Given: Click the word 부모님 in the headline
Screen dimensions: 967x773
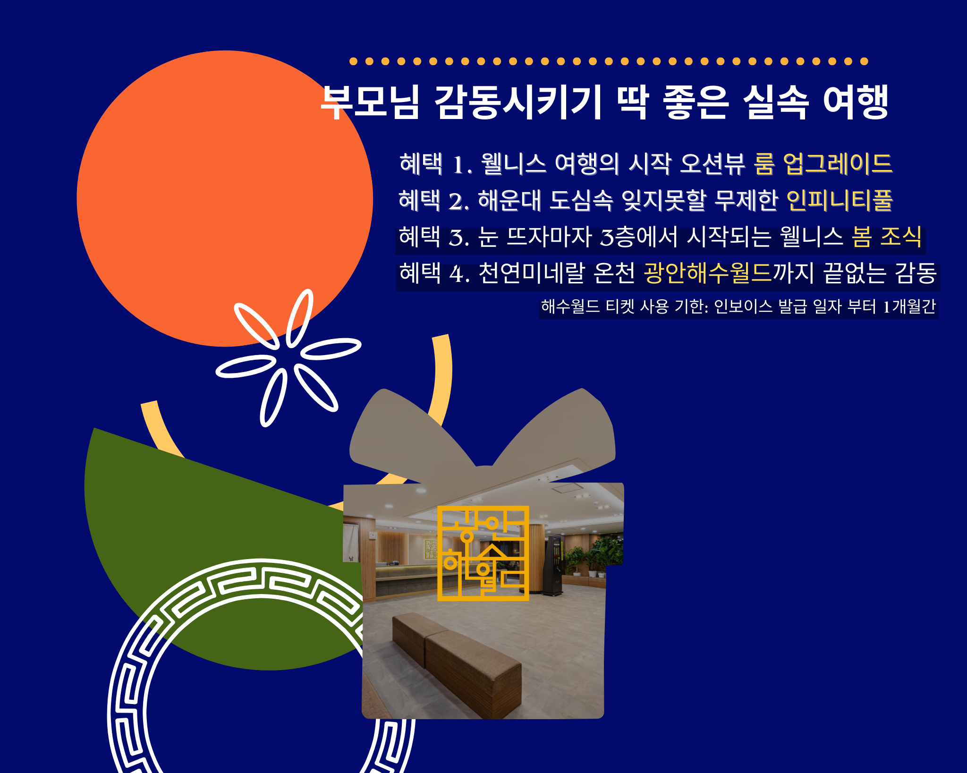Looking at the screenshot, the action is coord(370,102).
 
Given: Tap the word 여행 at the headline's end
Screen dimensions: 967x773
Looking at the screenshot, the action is coord(856,102).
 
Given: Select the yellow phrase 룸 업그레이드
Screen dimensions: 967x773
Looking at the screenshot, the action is coord(823,164).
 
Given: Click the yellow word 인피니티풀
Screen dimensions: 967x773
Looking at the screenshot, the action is coord(840,200).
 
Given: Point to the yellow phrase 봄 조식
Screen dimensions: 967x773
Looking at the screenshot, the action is coord(887,237).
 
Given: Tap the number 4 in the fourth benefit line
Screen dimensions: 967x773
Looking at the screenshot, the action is coord(457,274).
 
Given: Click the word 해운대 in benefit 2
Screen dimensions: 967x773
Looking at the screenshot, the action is coord(509,200).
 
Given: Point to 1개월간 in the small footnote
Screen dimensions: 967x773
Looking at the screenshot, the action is coord(909,306).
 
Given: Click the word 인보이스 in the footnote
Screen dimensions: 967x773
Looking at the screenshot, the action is coord(743,306).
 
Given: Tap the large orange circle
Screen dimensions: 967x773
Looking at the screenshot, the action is coord(225,198).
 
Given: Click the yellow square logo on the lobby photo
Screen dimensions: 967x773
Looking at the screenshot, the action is coord(483,553).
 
